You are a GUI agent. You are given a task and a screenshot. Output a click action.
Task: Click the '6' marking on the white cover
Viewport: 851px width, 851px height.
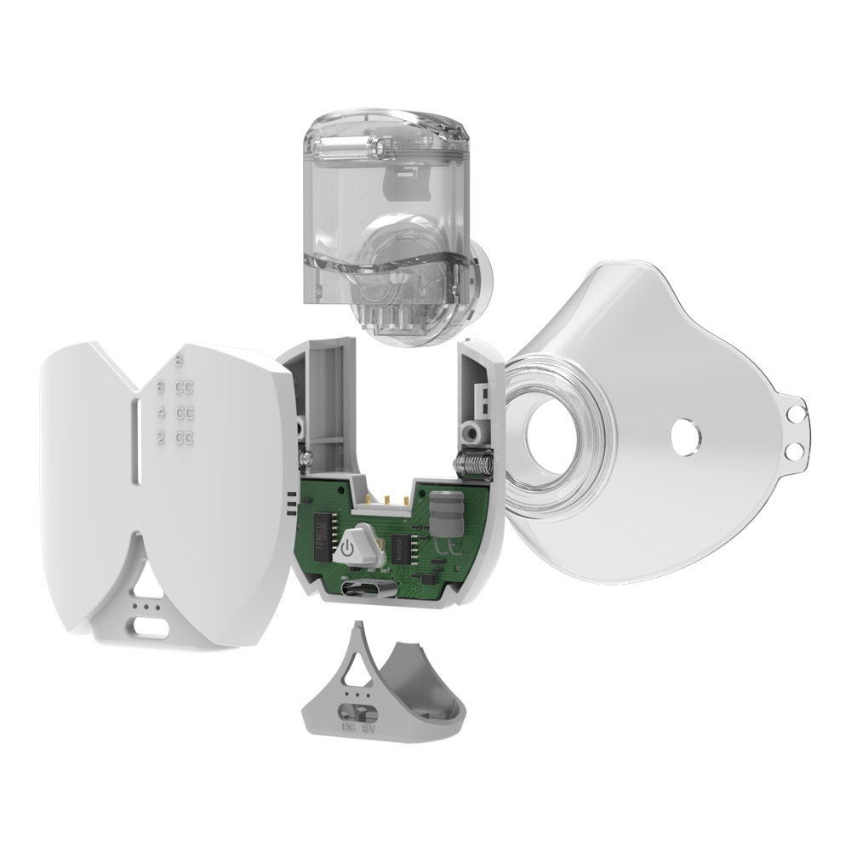[x=159, y=387]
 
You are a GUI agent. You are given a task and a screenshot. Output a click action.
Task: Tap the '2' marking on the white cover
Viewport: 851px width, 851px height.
[x=159, y=438]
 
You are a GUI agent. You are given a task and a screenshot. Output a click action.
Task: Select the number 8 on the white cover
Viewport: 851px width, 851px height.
[x=177, y=360]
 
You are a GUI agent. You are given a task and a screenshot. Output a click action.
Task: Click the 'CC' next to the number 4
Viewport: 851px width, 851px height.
[x=185, y=413]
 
